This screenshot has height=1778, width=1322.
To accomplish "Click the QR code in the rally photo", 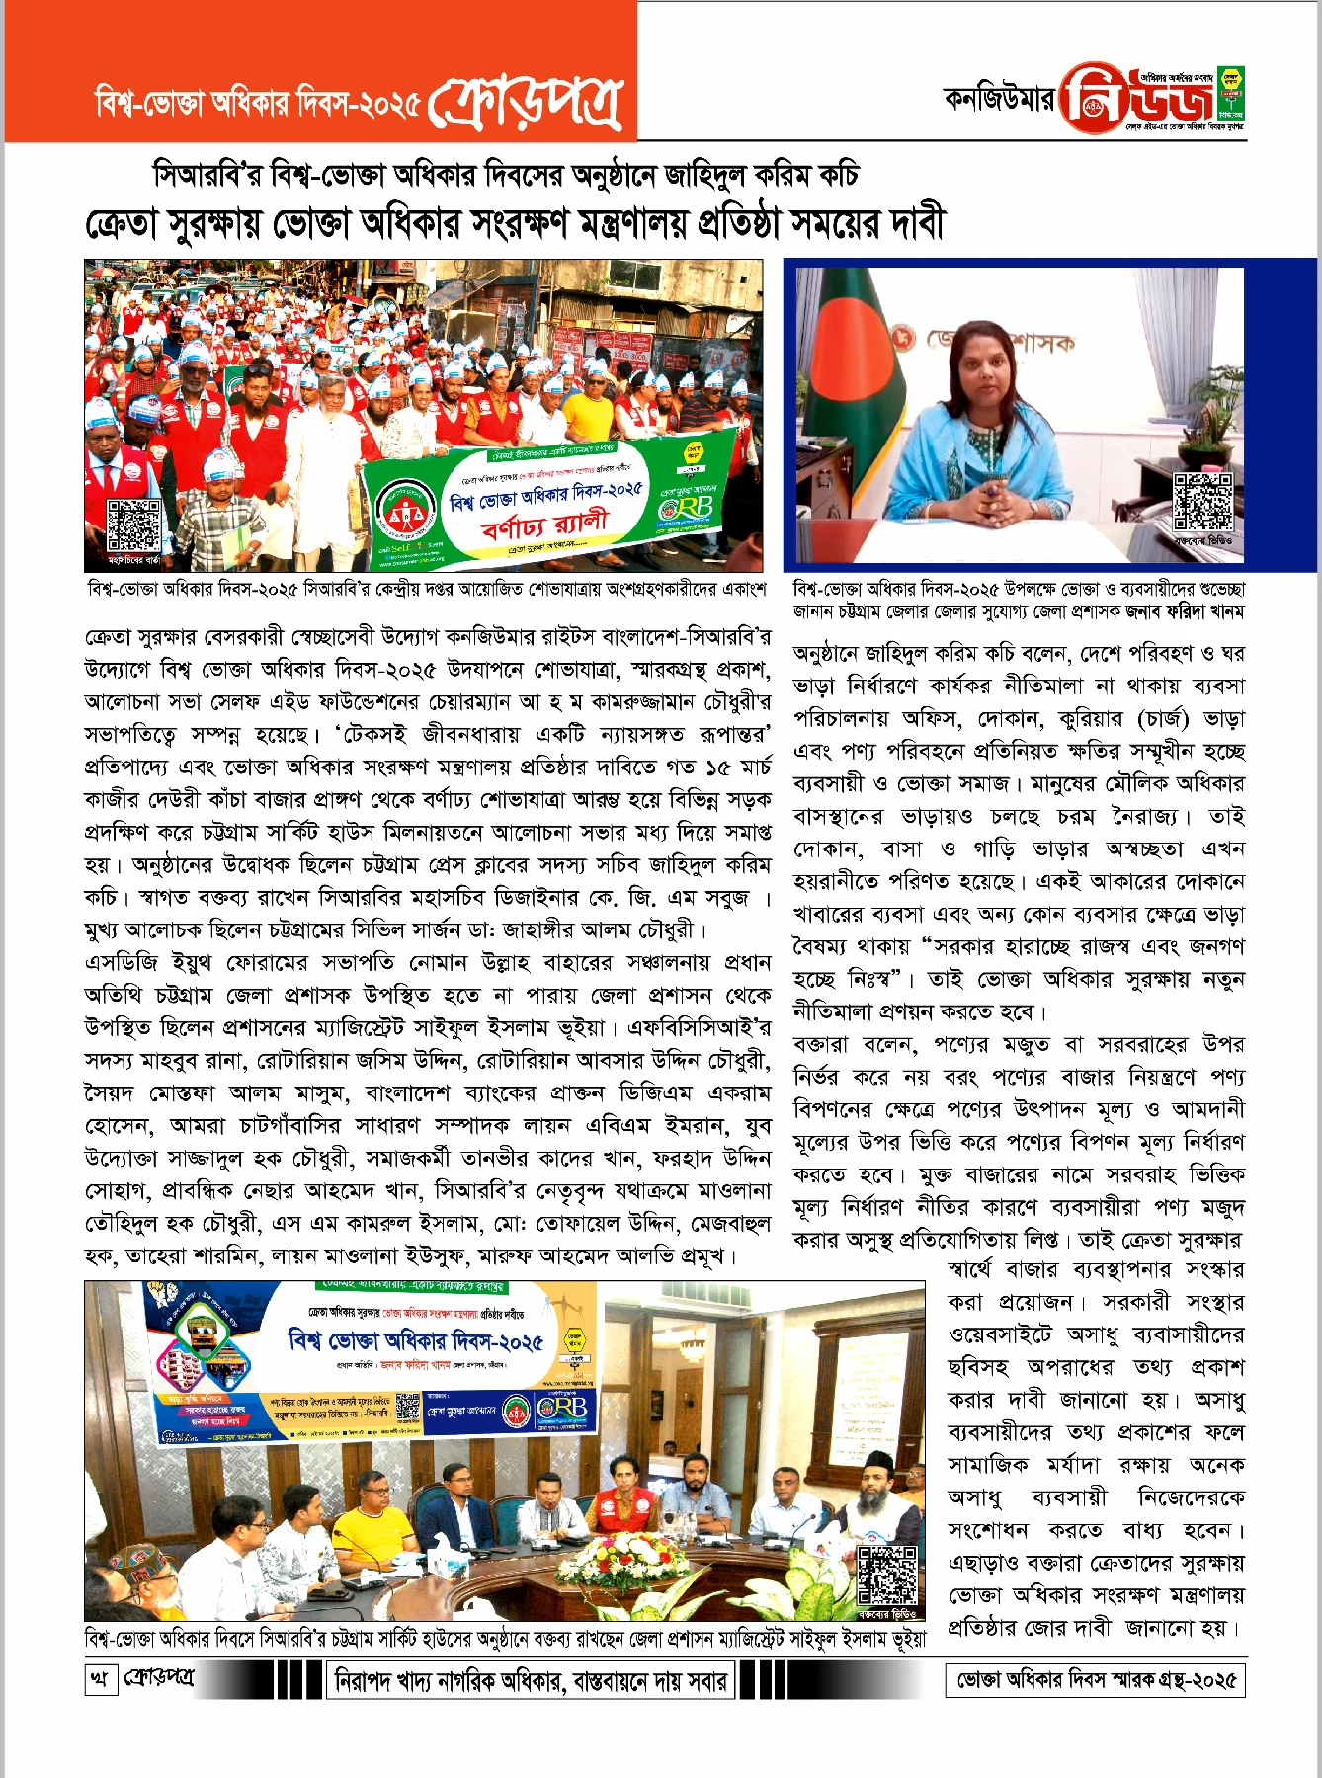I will click(133, 525).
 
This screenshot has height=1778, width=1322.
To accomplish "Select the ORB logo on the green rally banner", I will click(689, 507).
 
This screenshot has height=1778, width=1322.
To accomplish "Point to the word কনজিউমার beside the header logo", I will click(1000, 100).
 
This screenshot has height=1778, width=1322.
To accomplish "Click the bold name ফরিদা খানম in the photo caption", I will click(1204, 612).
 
